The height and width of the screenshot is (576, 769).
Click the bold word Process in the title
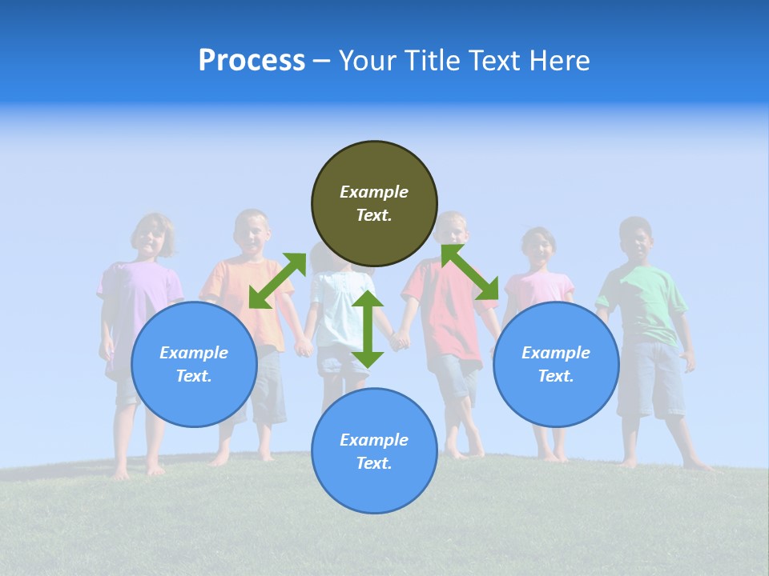(252, 61)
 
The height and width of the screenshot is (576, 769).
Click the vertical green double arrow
(368, 329)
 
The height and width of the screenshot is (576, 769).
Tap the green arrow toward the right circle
(470, 272)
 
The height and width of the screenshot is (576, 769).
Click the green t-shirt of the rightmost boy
(644, 304)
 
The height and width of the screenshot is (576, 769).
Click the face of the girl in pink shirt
(539, 249)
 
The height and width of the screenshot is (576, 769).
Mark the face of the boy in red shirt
(454, 230)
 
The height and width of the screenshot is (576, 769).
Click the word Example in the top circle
(374, 192)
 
